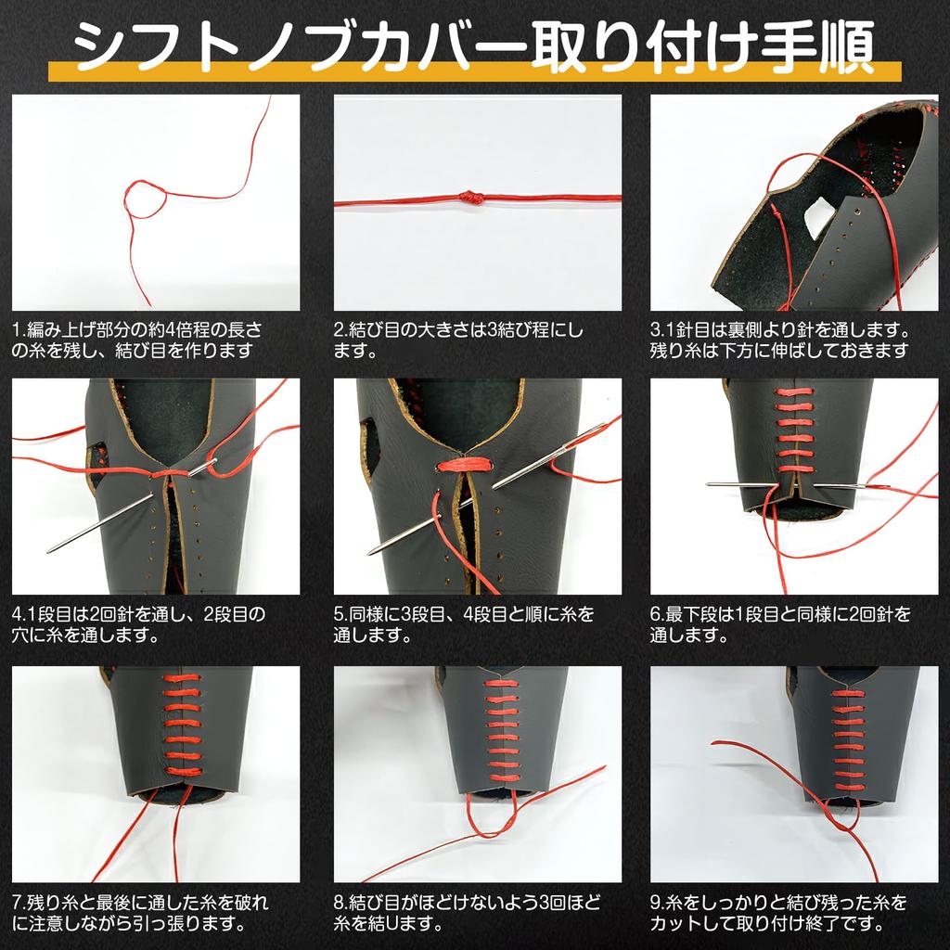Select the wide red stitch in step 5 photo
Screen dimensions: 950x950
click(465, 465)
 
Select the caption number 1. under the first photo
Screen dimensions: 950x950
click(19, 330)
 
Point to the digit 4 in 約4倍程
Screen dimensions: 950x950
click(171, 330)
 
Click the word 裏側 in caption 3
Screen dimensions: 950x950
click(745, 331)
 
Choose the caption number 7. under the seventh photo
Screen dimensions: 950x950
click(19, 903)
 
